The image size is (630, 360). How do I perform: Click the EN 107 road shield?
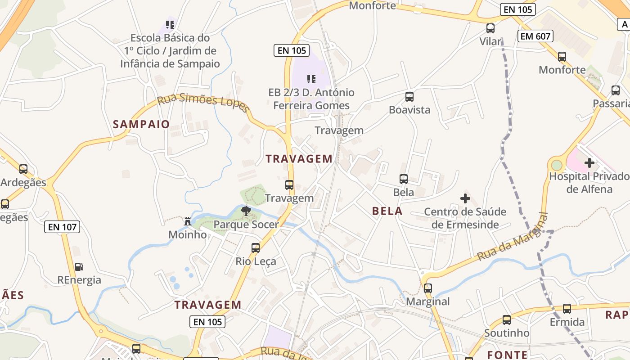point(62,227)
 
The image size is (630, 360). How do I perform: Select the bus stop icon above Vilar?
point(490,28)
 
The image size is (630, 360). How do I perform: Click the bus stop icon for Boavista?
point(409,96)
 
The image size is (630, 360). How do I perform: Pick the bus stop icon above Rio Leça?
point(256,247)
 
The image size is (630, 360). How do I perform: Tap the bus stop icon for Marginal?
point(428,288)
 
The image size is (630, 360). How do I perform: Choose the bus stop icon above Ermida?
point(567,309)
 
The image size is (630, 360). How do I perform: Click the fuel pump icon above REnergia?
point(79,266)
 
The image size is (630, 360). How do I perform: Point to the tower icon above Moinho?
point(188,221)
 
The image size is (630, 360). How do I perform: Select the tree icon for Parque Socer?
point(246,211)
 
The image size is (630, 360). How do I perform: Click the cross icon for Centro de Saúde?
point(465,198)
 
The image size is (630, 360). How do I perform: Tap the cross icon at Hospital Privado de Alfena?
point(589,162)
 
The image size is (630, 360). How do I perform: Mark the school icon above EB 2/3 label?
point(311,79)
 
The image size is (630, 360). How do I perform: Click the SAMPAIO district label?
point(141,124)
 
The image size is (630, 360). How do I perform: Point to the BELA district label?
point(387,211)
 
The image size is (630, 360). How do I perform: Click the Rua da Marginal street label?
point(513,237)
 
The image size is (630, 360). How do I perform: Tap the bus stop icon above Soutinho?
point(507,320)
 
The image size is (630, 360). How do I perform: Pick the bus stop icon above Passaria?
point(616,90)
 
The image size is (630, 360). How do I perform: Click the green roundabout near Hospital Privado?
point(557,165)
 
